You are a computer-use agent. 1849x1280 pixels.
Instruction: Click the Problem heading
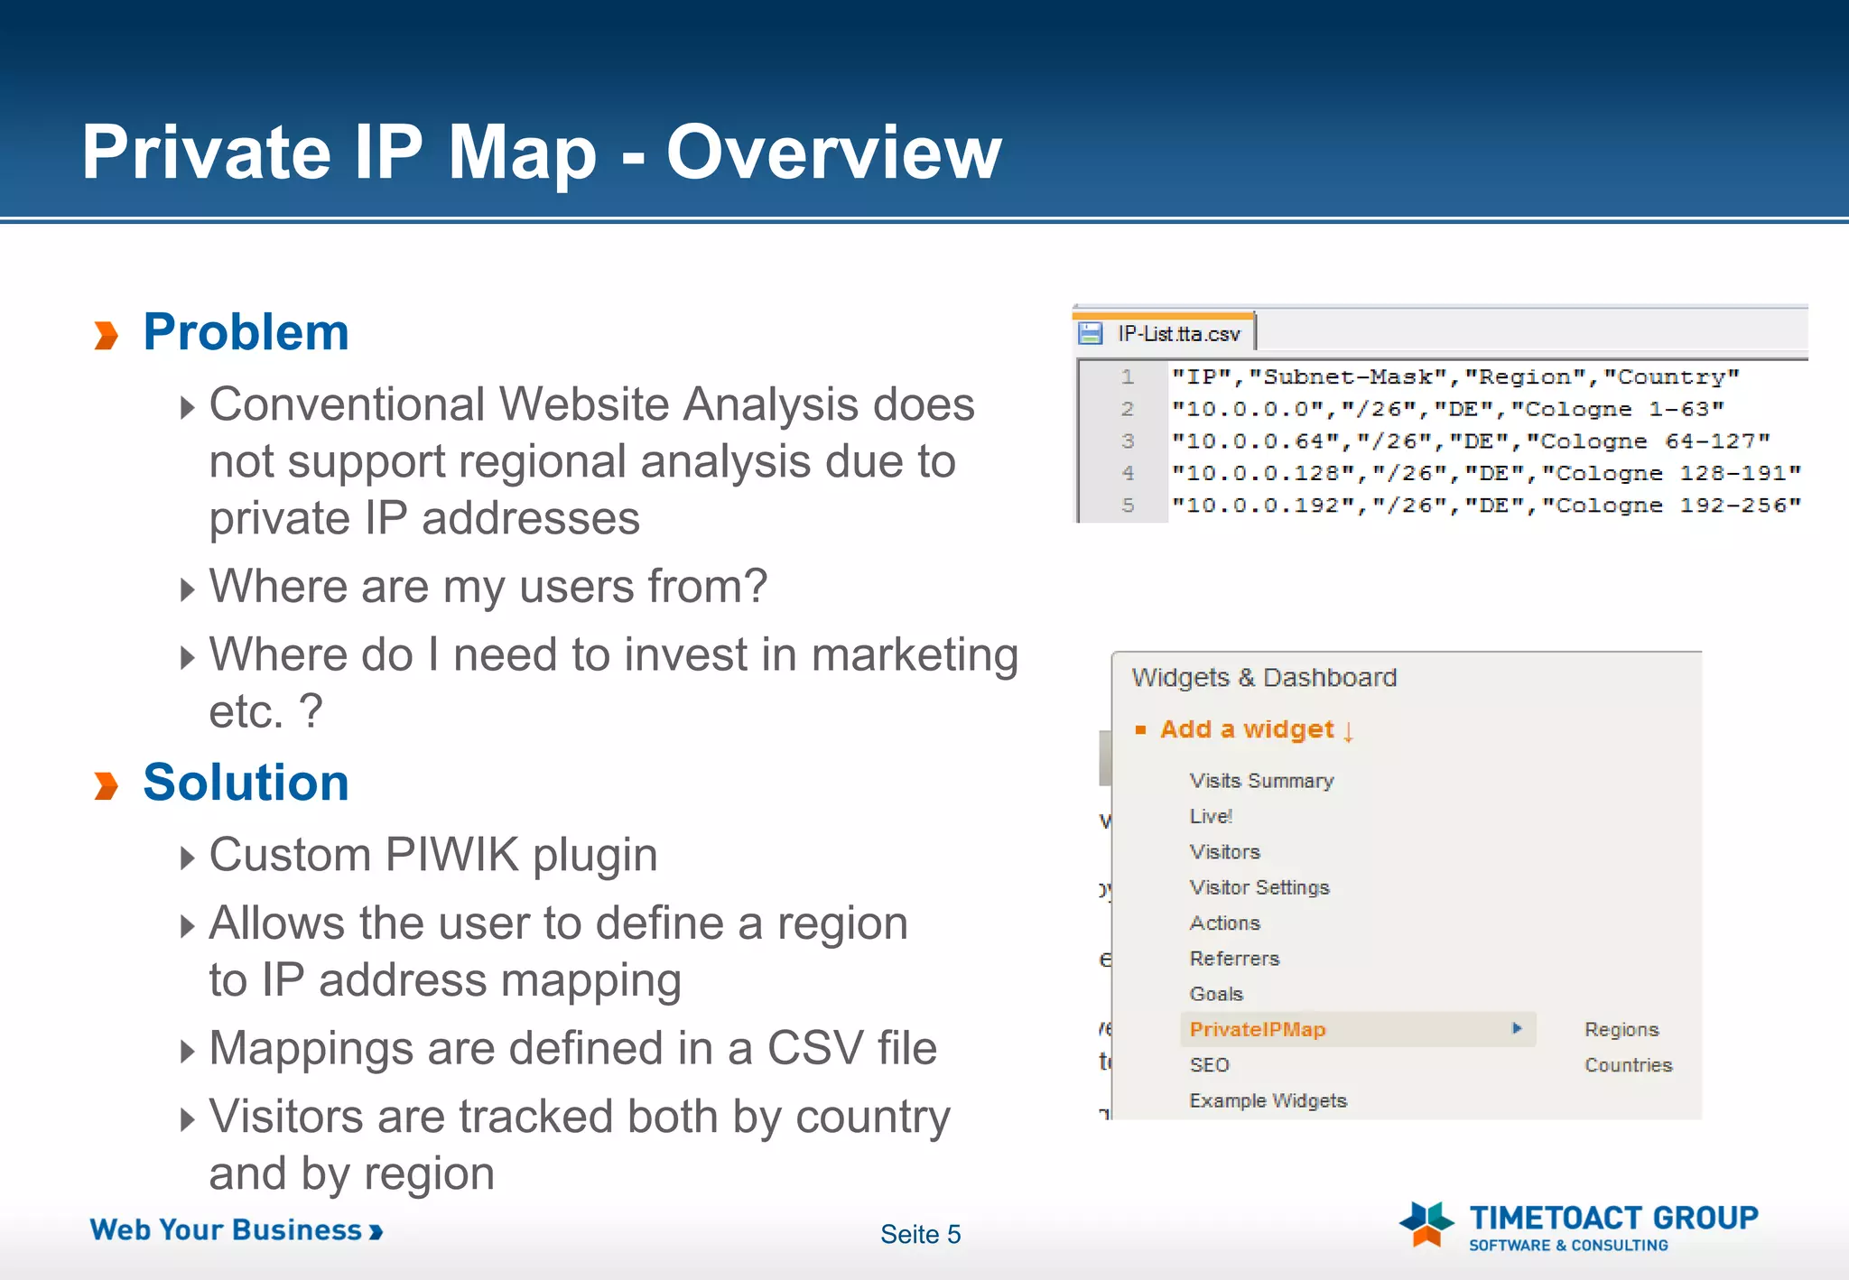246,332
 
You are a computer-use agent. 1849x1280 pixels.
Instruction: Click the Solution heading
246,783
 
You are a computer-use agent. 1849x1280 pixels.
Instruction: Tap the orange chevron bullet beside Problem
107,335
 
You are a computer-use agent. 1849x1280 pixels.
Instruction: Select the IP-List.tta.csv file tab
1178,334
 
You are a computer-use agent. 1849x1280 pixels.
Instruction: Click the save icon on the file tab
1091,334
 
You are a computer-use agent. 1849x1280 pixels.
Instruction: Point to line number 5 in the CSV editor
1128,506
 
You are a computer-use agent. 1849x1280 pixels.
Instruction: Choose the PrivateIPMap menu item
1257,1029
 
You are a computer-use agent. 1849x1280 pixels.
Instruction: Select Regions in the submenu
1621,1029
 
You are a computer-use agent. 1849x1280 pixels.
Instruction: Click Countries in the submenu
1628,1065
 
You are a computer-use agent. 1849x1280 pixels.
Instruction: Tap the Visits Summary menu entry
1261,781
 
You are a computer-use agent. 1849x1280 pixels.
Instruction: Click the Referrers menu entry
1234,959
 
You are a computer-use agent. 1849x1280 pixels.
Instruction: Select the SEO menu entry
1209,1065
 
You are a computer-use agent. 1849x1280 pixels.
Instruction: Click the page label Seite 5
920,1234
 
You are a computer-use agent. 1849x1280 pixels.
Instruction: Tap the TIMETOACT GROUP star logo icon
1426,1224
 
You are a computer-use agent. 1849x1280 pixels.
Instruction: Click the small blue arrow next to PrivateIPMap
1517,1028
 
